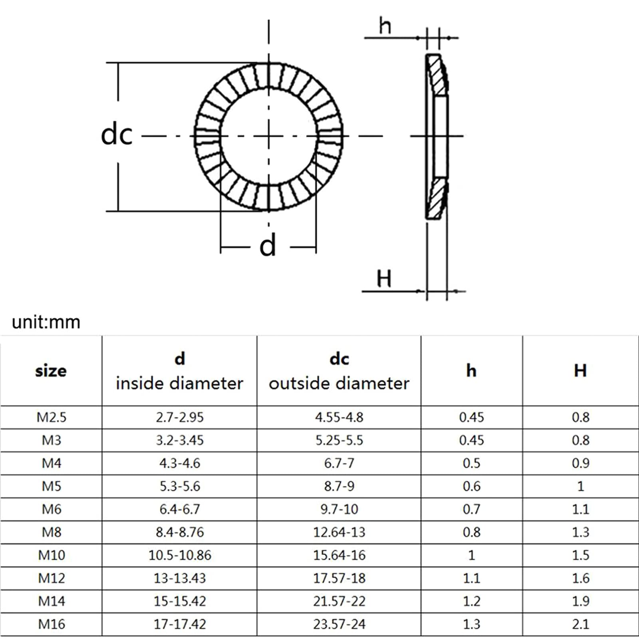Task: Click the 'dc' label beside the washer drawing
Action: (x=116, y=135)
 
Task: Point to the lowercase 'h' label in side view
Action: (x=385, y=26)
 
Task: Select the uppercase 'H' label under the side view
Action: (x=384, y=278)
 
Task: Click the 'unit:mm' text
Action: (x=46, y=322)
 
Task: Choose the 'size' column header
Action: (x=51, y=371)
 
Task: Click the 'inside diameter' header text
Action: (x=179, y=383)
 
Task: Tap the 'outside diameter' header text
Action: (x=339, y=383)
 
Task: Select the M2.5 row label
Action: (x=52, y=417)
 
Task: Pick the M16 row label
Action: (x=52, y=624)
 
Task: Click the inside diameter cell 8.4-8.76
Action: (x=180, y=532)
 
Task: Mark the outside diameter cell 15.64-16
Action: (x=339, y=555)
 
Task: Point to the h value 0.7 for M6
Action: (x=471, y=509)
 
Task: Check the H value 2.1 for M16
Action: (x=580, y=624)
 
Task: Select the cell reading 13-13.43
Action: (x=180, y=578)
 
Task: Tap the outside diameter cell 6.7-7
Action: (x=339, y=463)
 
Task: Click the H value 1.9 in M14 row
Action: (x=580, y=601)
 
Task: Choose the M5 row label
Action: (x=52, y=486)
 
